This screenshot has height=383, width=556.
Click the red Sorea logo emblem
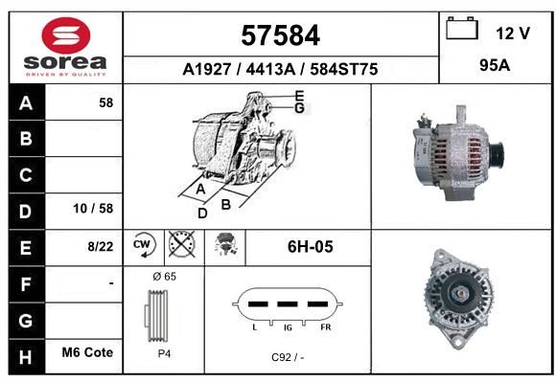pos(66,34)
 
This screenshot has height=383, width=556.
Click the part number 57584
pos(281,35)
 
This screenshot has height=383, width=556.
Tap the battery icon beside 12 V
pos(462,29)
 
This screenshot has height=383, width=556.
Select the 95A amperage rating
pos(495,65)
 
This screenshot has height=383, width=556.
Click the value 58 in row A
pos(106,102)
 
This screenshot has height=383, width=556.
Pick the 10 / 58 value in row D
pos(93,209)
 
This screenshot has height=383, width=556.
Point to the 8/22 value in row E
pos(101,246)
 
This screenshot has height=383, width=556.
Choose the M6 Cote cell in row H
pos(87,352)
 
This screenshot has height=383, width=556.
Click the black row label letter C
pos(26,175)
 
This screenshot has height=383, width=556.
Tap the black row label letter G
pos(26,321)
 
